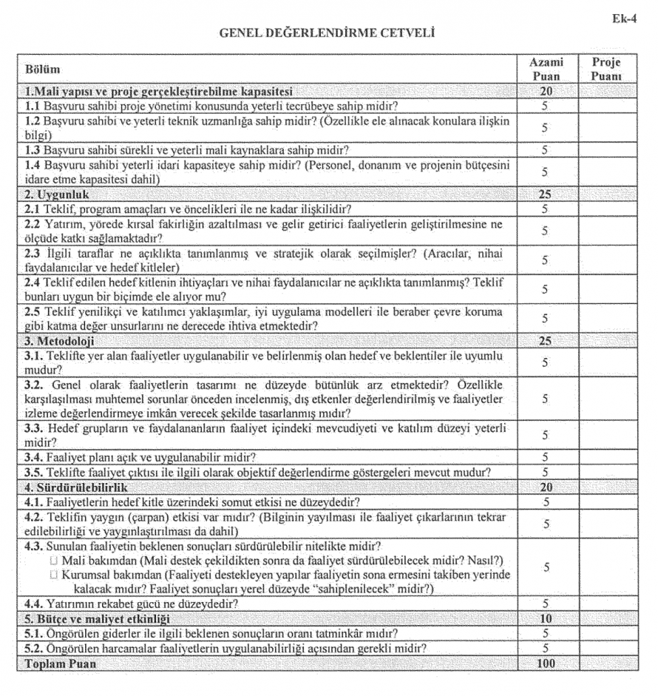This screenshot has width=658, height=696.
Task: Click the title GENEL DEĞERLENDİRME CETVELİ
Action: click(x=326, y=32)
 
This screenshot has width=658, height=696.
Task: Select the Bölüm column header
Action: click(x=43, y=70)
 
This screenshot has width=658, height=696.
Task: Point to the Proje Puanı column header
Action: click(x=605, y=69)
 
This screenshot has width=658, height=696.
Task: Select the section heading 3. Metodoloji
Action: click(x=59, y=341)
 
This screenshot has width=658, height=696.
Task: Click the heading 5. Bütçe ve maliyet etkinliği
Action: click(x=97, y=618)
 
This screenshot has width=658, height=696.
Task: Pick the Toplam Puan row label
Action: click(x=60, y=664)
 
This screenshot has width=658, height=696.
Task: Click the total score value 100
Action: click(x=545, y=664)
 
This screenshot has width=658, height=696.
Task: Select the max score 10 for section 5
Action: click(x=545, y=618)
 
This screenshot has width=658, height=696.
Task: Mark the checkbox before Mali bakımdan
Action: click(x=53, y=561)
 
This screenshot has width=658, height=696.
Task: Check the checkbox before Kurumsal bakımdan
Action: click(x=53, y=574)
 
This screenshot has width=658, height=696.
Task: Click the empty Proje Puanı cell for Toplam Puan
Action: click(x=605, y=664)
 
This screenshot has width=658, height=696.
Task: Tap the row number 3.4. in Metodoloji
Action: click(x=34, y=457)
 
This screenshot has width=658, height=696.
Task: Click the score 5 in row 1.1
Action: click(x=545, y=106)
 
